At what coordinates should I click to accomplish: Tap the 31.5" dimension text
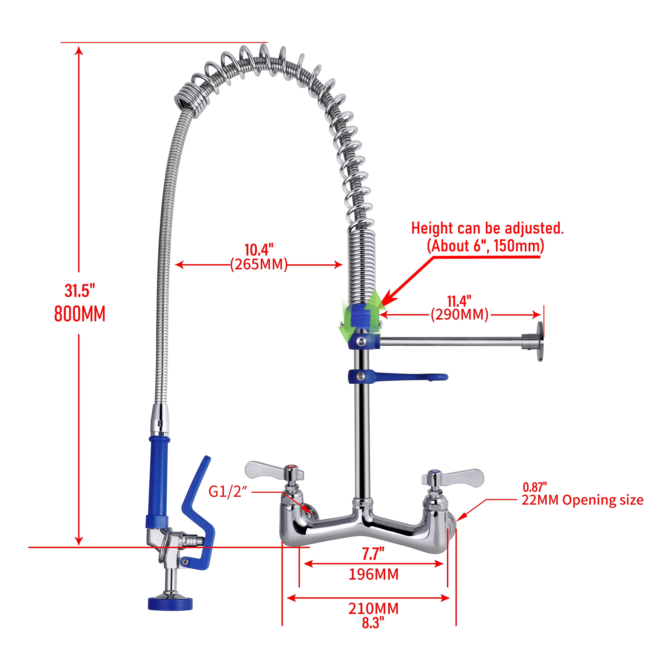pos(80,291)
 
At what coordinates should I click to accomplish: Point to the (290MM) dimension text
pos(459,314)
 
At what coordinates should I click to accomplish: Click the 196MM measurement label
pos(374,574)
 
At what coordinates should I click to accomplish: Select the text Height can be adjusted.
pos(487,228)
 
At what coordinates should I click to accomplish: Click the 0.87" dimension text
pos(535,487)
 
